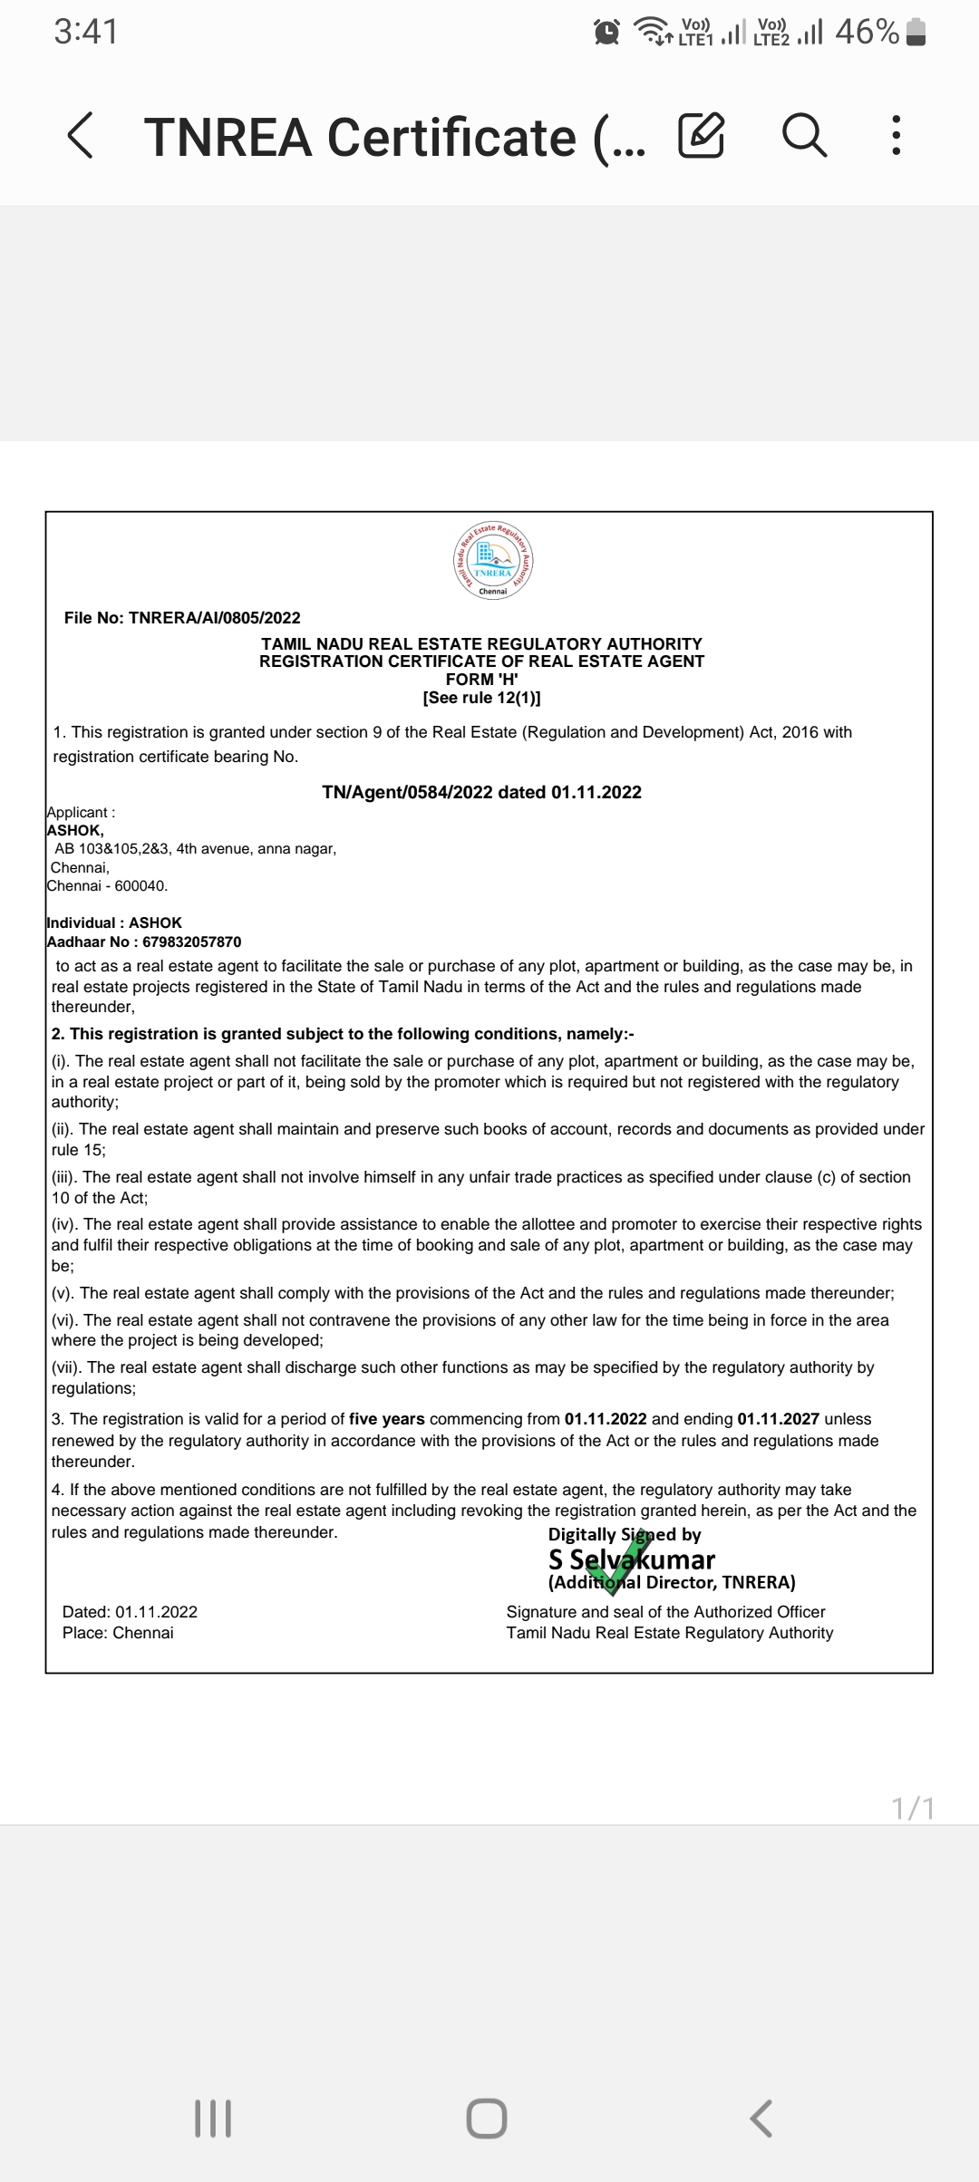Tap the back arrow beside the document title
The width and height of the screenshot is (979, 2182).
[x=81, y=136]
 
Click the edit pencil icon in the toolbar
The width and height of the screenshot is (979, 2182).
[x=701, y=136]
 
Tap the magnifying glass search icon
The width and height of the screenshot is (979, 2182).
[x=804, y=136]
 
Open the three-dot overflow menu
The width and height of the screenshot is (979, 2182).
[x=896, y=136]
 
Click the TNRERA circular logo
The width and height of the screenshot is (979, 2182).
[x=492, y=559]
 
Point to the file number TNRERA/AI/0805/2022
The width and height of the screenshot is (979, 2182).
[x=214, y=618]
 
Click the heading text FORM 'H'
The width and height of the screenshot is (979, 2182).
[x=481, y=680]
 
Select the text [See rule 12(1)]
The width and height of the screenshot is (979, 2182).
[x=481, y=698]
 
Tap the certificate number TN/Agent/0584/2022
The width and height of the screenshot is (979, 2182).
[x=407, y=792]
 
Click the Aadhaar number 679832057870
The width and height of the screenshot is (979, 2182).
[x=191, y=941]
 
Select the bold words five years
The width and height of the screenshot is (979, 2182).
[x=386, y=1419]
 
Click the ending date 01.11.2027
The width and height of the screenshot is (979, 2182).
[x=778, y=1419]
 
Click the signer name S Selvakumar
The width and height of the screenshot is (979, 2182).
[x=632, y=1559]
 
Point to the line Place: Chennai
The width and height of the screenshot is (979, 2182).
[x=118, y=1633]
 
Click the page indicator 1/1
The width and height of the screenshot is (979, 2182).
[x=912, y=1809]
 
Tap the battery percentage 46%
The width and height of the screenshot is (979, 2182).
[x=867, y=33]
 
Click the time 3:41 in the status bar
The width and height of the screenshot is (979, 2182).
[x=85, y=33]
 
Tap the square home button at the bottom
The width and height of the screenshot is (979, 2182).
[x=487, y=2119]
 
